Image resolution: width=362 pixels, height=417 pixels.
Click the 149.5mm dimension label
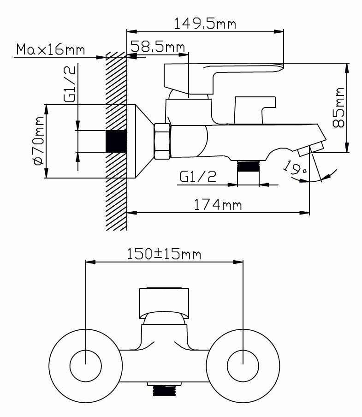tap(205, 23)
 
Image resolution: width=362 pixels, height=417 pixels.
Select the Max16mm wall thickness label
tap(50, 49)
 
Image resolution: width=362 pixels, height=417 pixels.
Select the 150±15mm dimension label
tap(164, 253)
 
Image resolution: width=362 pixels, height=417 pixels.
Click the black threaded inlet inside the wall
tap(116, 141)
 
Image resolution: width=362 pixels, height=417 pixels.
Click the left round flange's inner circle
tap(86, 365)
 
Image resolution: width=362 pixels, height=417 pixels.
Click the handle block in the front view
tap(164, 303)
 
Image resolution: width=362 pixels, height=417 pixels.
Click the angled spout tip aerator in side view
tap(310, 150)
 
